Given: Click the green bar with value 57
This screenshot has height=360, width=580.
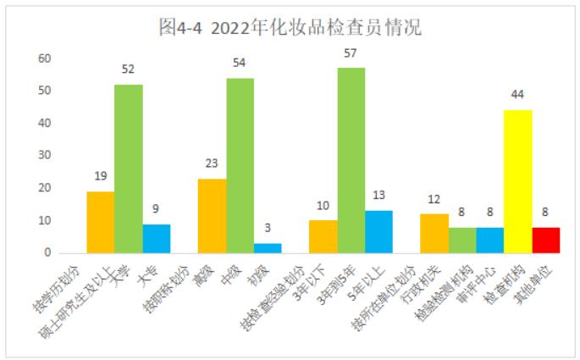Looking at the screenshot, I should tap(351, 160).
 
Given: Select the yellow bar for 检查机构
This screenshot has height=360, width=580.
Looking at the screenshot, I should tap(518, 181).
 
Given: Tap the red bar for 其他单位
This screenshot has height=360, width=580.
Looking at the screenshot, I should tap(546, 240).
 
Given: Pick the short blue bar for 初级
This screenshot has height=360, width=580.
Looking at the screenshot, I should tap(268, 248).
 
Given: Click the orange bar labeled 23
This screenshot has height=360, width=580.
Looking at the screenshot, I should tap(212, 216).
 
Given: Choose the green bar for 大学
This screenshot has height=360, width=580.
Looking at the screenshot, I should tap(129, 169).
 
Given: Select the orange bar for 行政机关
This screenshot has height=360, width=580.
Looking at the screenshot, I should tap(434, 233).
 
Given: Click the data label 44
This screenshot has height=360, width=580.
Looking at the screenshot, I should tap(518, 94).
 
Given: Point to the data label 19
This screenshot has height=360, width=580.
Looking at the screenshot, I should tap(100, 176).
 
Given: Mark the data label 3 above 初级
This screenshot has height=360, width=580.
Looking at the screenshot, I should tap(268, 228).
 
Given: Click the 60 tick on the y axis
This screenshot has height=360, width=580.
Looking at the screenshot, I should tap(44, 58).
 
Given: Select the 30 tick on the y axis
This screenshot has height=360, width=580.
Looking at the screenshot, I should tap(44, 156).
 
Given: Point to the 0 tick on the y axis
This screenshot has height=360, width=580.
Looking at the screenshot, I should tap(47, 252).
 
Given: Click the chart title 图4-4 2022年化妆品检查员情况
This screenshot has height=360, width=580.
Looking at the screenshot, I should tap(290, 27).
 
